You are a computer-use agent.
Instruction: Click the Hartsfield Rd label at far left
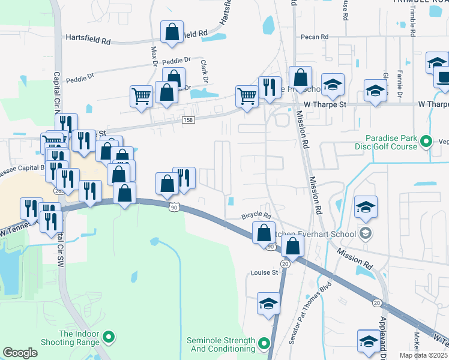point(89,41)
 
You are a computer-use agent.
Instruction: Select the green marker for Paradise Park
point(426,142)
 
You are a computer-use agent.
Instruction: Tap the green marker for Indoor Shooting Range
point(109,338)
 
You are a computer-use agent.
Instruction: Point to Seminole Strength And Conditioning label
point(221,344)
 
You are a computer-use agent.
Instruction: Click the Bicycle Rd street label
point(256,215)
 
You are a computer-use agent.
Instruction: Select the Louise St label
point(264,272)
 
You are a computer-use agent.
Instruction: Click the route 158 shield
point(188,121)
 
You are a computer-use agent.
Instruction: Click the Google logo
point(20,353)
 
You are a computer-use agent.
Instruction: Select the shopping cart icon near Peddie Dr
point(142,95)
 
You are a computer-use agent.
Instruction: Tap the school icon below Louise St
point(268,303)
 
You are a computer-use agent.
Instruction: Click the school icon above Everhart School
point(366,207)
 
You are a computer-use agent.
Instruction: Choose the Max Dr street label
point(154,56)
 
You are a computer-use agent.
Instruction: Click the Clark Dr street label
point(204,71)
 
